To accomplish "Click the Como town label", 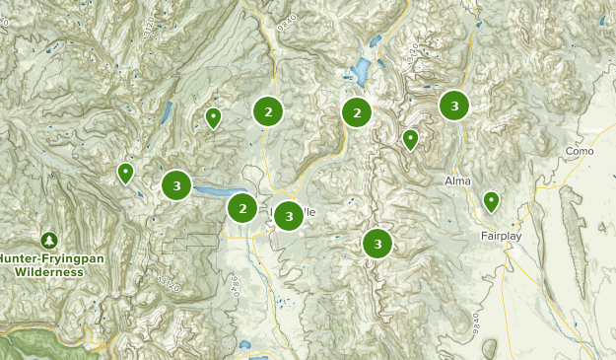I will pos(581,151).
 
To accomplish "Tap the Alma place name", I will pos(457,181).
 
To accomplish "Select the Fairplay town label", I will pos(503,237).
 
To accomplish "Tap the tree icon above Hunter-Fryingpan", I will pos(49,240).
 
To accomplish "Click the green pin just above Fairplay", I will pos(490,202).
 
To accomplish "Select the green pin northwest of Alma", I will pos(411,139).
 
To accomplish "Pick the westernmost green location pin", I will pos(125,173).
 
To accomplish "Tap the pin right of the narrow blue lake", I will pos(213,118).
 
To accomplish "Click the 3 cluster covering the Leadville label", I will pos(288,215).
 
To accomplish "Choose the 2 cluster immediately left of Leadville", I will pos(242,208).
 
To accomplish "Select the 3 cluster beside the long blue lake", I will pos(176,184).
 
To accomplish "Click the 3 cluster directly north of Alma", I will pos(453,106).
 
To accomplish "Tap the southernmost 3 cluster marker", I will pos(377,243).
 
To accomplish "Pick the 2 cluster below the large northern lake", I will pos(356,112).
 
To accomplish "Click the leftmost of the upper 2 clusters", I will pos(268,112).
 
